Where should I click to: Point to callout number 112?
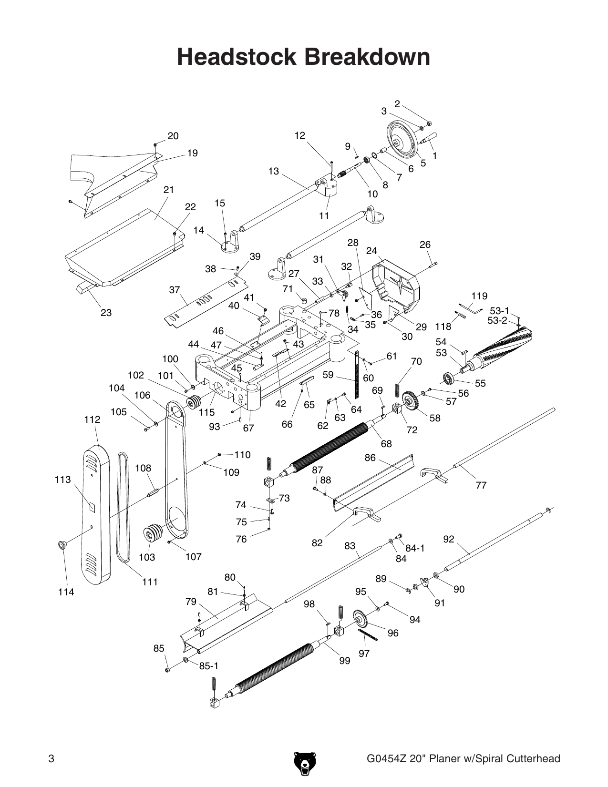93,419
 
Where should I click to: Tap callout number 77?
481,485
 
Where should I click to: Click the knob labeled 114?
62,544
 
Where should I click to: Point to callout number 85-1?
209,666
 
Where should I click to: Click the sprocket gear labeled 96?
362,619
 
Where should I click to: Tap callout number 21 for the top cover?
169,189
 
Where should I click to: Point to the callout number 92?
449,539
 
